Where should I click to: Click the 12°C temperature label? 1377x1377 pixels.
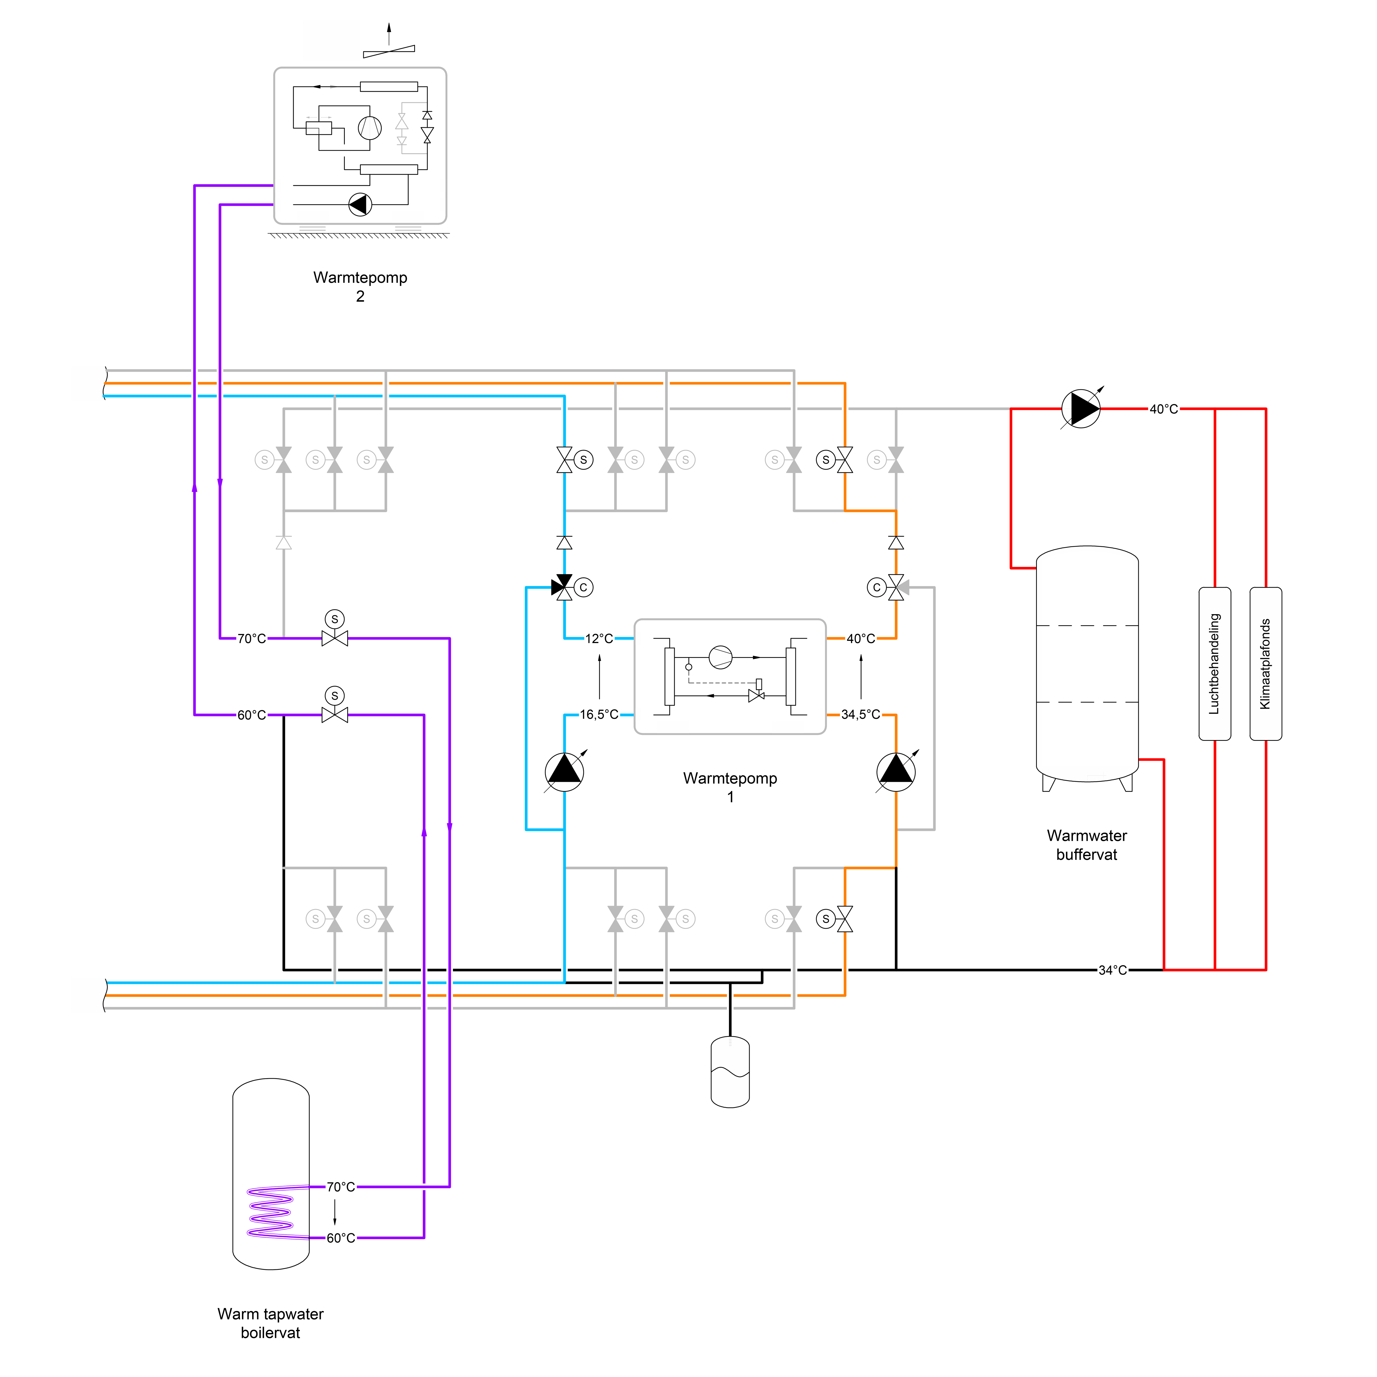tap(600, 639)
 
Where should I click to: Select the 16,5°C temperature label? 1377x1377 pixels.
tap(600, 715)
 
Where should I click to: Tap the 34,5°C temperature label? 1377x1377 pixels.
tap(861, 715)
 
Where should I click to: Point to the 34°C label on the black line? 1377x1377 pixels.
tap(1113, 970)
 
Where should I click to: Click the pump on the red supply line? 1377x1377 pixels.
tap(1081, 409)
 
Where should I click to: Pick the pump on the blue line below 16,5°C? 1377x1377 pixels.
tap(565, 772)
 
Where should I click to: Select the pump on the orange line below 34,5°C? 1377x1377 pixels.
tap(896, 772)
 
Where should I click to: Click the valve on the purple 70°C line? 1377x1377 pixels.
tap(335, 639)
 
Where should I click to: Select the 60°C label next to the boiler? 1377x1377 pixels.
tap(341, 1238)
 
